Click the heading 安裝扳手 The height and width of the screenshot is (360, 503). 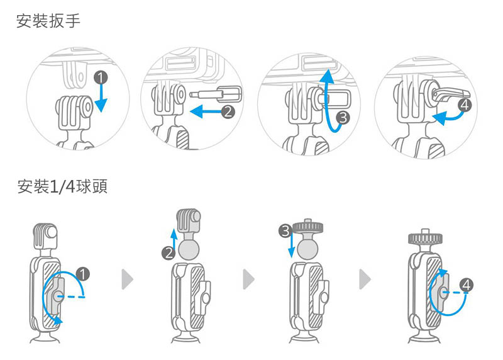tap(48, 21)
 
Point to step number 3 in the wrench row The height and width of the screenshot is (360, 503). tap(342, 117)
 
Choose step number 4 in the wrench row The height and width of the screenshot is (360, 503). tap(464, 104)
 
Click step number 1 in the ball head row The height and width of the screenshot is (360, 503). tap(82, 273)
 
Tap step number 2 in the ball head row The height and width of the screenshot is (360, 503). tap(168, 254)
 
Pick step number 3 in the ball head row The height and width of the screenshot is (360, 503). tap(284, 232)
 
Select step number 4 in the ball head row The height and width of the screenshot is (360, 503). tap(466, 284)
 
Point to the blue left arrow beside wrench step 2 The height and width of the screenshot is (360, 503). tap(204, 112)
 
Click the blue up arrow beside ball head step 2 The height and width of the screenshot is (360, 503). tap(174, 238)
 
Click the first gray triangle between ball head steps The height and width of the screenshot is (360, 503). tap(128, 278)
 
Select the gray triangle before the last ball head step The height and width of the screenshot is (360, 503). tap(365, 278)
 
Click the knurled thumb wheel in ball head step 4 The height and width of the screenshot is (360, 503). tap(427, 239)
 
